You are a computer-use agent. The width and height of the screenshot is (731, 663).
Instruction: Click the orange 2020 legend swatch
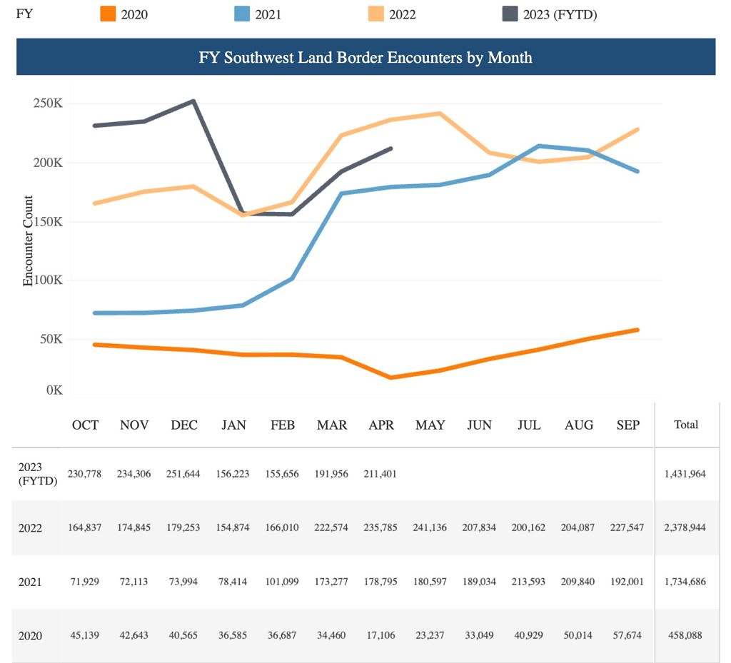pos(107,14)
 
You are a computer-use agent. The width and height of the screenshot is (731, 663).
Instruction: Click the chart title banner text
pos(365,57)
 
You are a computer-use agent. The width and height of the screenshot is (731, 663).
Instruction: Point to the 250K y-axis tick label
pos(48,103)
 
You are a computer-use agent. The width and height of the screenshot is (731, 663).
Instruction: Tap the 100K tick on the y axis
pos(48,280)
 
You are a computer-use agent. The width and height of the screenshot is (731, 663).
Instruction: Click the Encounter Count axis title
pos(29,241)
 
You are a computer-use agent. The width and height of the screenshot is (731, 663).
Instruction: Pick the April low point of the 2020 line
pos(390,378)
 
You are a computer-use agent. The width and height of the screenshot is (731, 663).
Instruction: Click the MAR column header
pos(332,425)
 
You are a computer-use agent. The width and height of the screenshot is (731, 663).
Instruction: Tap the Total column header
pos(686,424)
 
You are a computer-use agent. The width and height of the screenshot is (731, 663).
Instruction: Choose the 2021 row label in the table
pos(31,582)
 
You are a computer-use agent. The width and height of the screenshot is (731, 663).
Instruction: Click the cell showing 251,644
pos(183,474)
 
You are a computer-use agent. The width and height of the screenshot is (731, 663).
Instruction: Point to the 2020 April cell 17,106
pos(381,636)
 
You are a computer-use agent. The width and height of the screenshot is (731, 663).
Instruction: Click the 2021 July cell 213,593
pos(528,582)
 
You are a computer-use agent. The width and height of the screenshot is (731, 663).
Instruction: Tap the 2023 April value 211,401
pos(381,474)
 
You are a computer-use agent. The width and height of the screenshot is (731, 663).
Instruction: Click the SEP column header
pos(627,425)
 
